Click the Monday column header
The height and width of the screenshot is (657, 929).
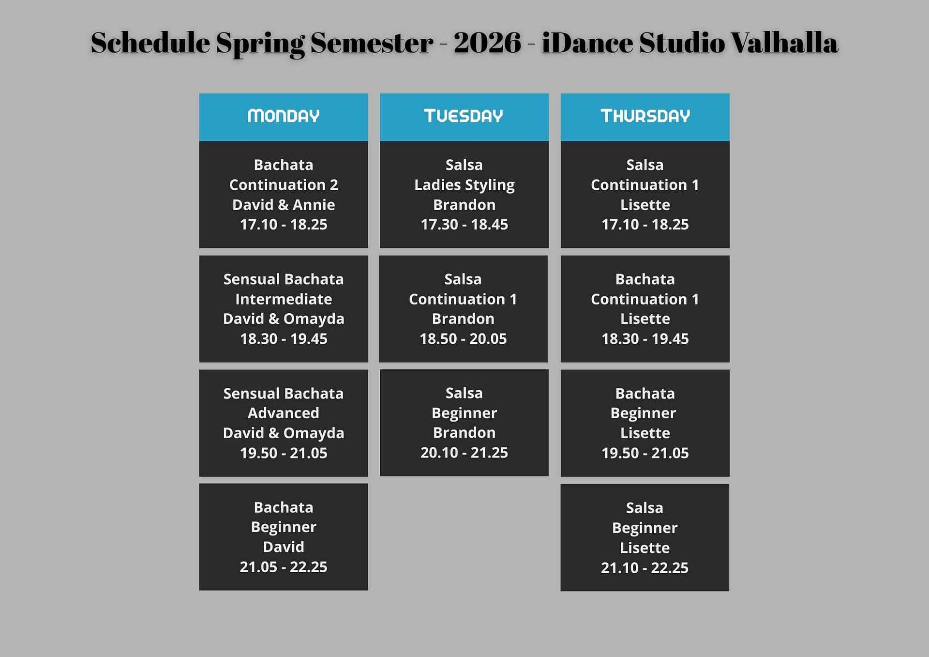(284, 116)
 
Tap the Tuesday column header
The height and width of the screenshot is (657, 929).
(464, 116)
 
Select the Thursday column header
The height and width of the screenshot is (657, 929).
(645, 116)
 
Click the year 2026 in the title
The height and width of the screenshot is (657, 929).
(487, 43)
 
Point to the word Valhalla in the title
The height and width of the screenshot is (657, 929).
(784, 43)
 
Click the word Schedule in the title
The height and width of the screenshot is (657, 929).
(150, 43)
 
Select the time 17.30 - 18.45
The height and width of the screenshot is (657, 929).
(464, 225)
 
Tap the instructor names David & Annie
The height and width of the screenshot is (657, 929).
(284, 205)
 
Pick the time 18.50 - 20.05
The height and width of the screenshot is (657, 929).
(463, 339)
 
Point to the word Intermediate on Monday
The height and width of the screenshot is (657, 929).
(284, 299)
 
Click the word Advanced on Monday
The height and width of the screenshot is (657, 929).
(284, 413)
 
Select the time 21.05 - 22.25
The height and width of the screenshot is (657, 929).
(284, 567)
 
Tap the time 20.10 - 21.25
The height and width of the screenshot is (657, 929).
(464, 453)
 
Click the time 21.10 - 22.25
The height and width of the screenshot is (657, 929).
(644, 568)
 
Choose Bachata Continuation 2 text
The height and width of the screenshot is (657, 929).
(284, 175)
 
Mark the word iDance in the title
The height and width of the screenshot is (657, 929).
(587, 43)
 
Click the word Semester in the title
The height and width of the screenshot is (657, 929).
(372, 43)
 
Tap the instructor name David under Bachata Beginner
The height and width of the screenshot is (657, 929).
(284, 547)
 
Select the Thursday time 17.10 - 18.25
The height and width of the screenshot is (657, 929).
(645, 225)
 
